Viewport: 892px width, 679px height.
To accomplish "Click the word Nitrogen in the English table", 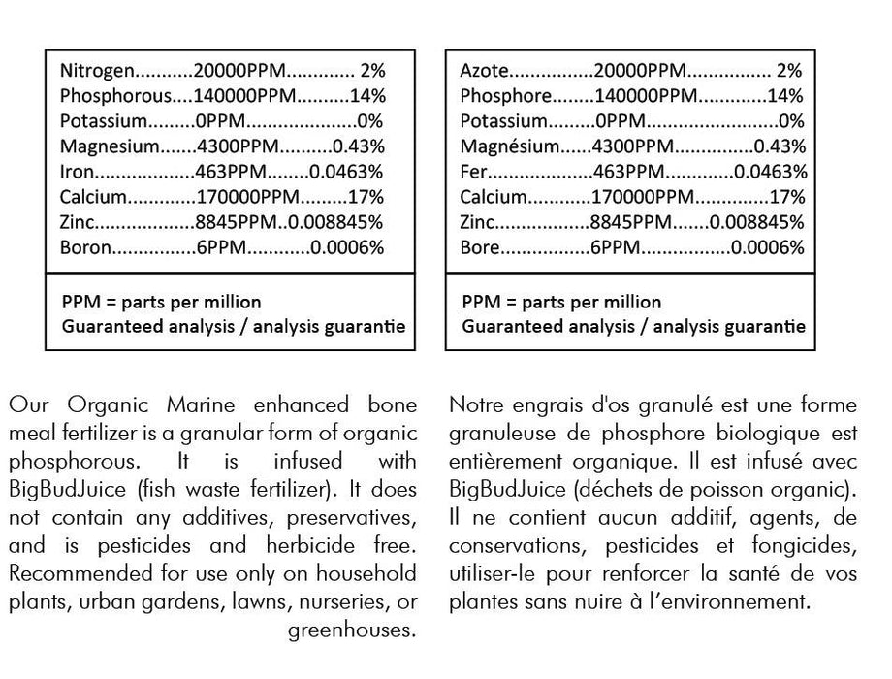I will [94, 71].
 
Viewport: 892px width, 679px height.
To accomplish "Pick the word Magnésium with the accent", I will [509, 146].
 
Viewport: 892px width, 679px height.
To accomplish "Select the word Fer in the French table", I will [473, 172].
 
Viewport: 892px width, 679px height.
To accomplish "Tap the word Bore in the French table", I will [480, 247].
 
